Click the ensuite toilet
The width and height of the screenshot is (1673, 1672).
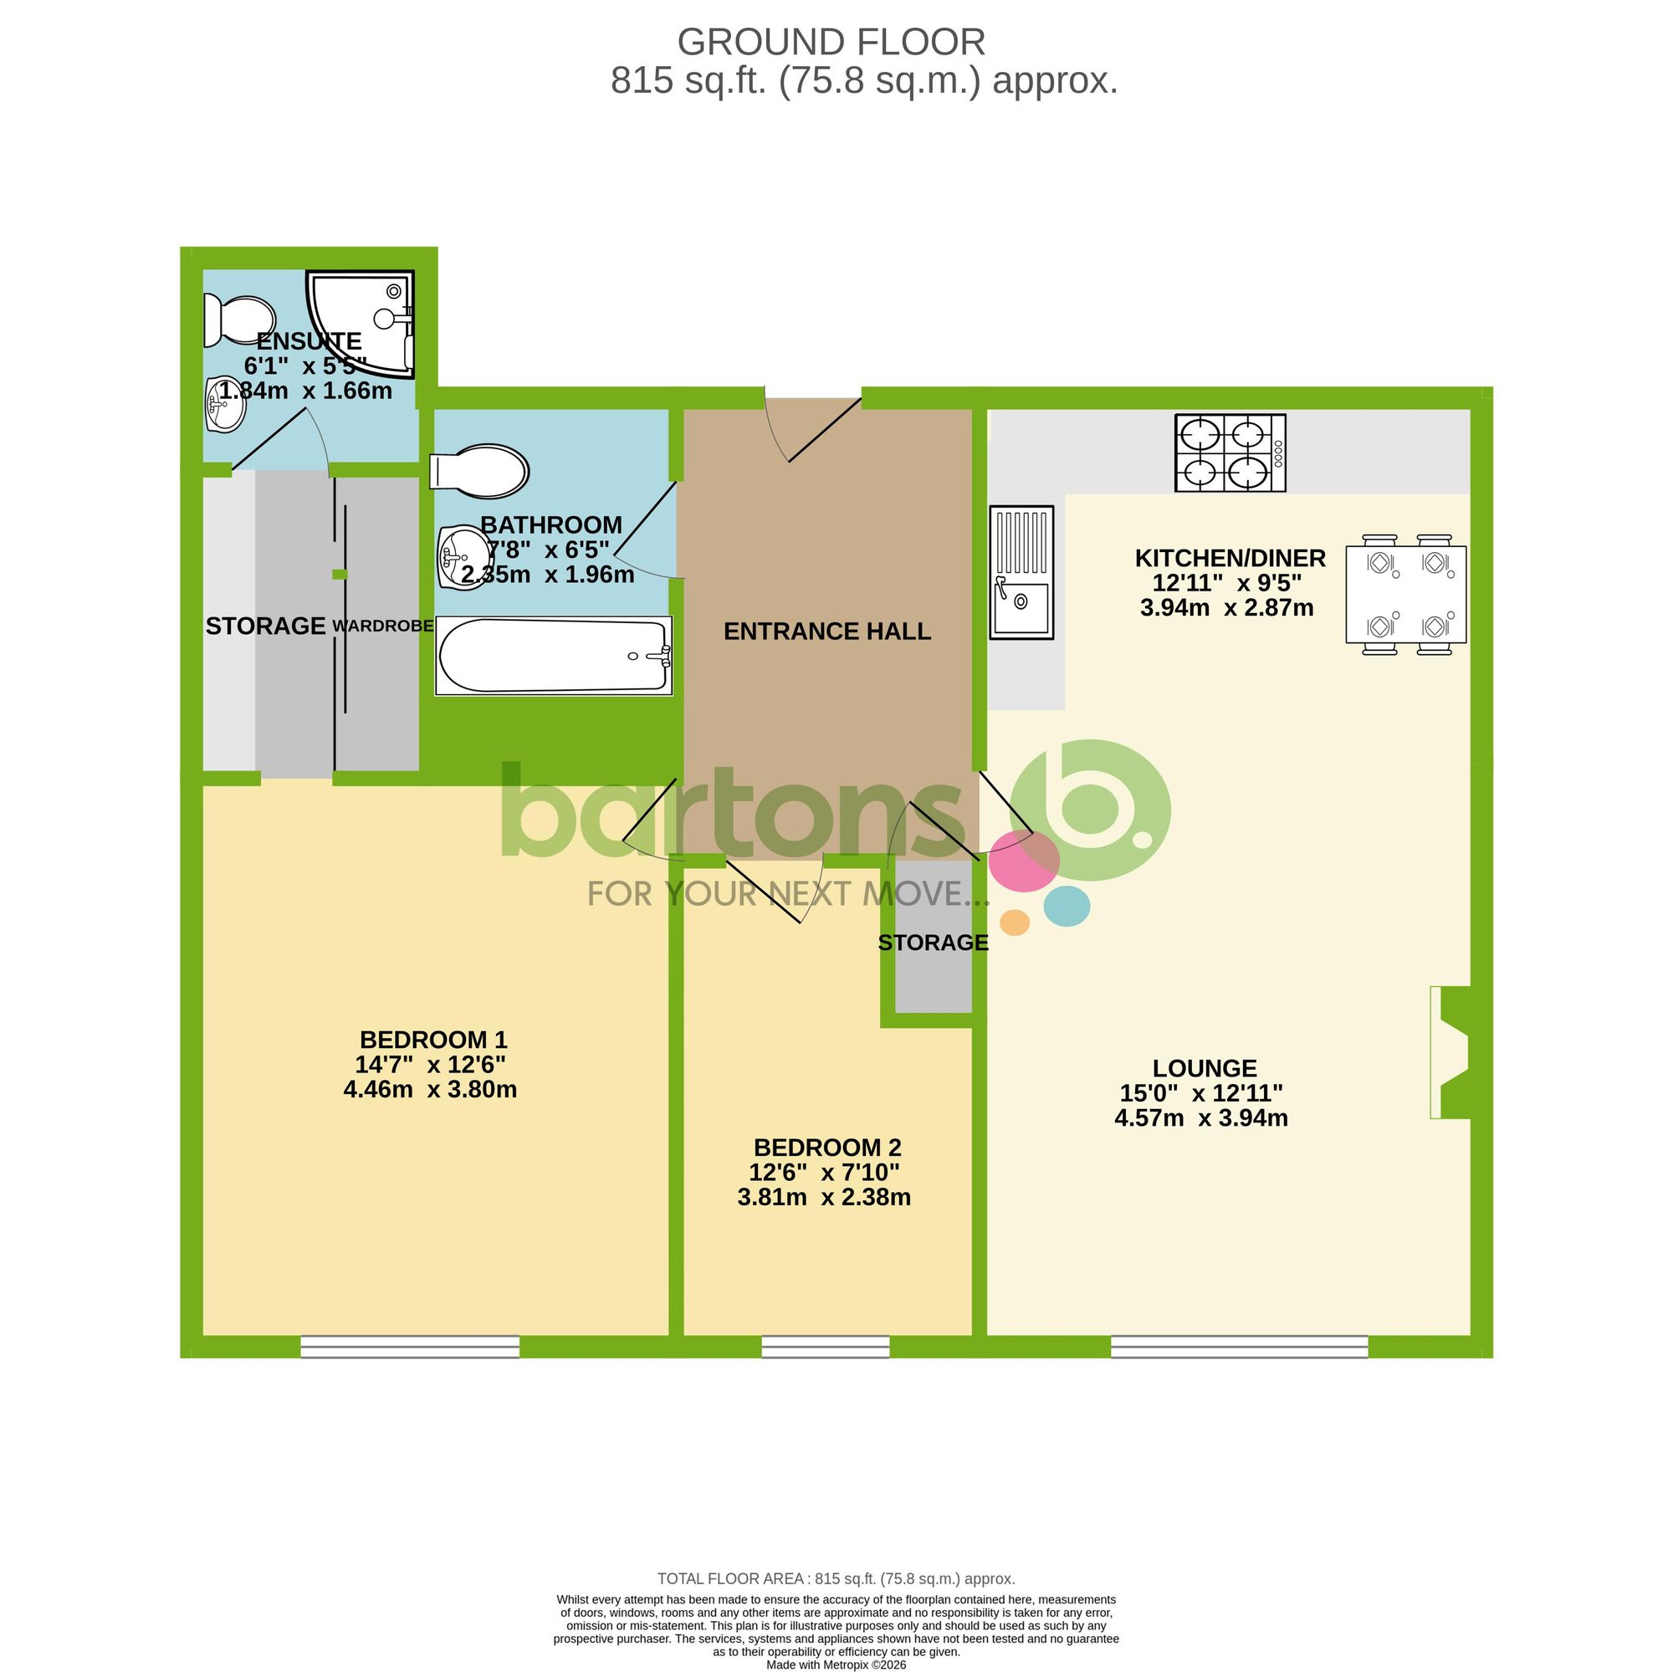(x=239, y=320)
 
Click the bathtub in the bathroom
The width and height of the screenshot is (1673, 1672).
(x=553, y=656)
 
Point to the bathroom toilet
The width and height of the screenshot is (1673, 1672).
(x=479, y=472)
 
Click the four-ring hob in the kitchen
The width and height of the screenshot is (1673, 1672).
(x=1230, y=453)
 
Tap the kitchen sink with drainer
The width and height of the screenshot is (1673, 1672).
(x=1022, y=572)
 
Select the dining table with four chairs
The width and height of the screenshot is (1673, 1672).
(x=1405, y=594)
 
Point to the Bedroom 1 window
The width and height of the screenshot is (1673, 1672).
(x=410, y=1347)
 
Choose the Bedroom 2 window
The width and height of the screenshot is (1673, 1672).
(x=826, y=1347)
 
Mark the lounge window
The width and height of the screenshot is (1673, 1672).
(x=1239, y=1347)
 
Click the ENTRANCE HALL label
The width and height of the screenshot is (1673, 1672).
(x=827, y=631)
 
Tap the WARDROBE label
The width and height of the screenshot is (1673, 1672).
(x=383, y=626)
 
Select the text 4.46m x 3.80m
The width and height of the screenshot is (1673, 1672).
(x=430, y=1089)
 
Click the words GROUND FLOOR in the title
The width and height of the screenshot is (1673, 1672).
(x=831, y=43)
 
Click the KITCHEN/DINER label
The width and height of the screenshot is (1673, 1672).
(x=1230, y=558)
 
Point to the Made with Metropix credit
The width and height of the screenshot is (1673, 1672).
(x=836, y=1664)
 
